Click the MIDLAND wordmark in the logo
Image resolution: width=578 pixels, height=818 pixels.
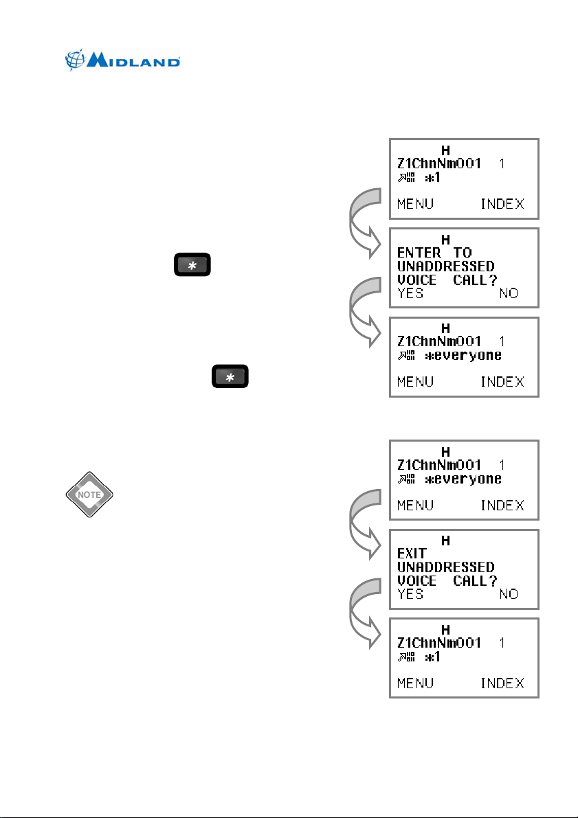point(133,62)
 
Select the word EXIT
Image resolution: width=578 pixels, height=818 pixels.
point(412,553)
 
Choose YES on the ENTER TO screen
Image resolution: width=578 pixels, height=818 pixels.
point(410,293)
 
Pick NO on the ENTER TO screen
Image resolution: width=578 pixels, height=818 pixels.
point(509,293)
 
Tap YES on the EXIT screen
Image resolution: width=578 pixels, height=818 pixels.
point(410,594)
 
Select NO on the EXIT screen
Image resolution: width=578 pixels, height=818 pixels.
point(509,594)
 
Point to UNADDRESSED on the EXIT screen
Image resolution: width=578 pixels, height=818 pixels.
point(445,567)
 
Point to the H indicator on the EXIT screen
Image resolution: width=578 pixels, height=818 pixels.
point(445,541)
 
